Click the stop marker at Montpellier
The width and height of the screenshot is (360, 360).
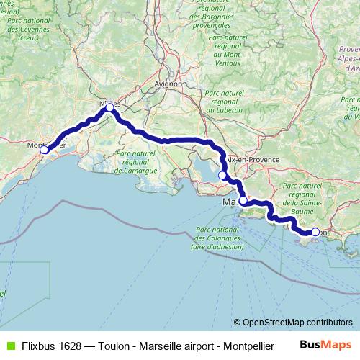pyautogui.click(x=44, y=150)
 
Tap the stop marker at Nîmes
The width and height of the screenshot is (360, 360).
pyautogui.click(x=109, y=107)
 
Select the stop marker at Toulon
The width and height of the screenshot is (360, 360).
pyautogui.click(x=315, y=232)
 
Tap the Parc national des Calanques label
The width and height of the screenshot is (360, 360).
pyautogui.click(x=217, y=238)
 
